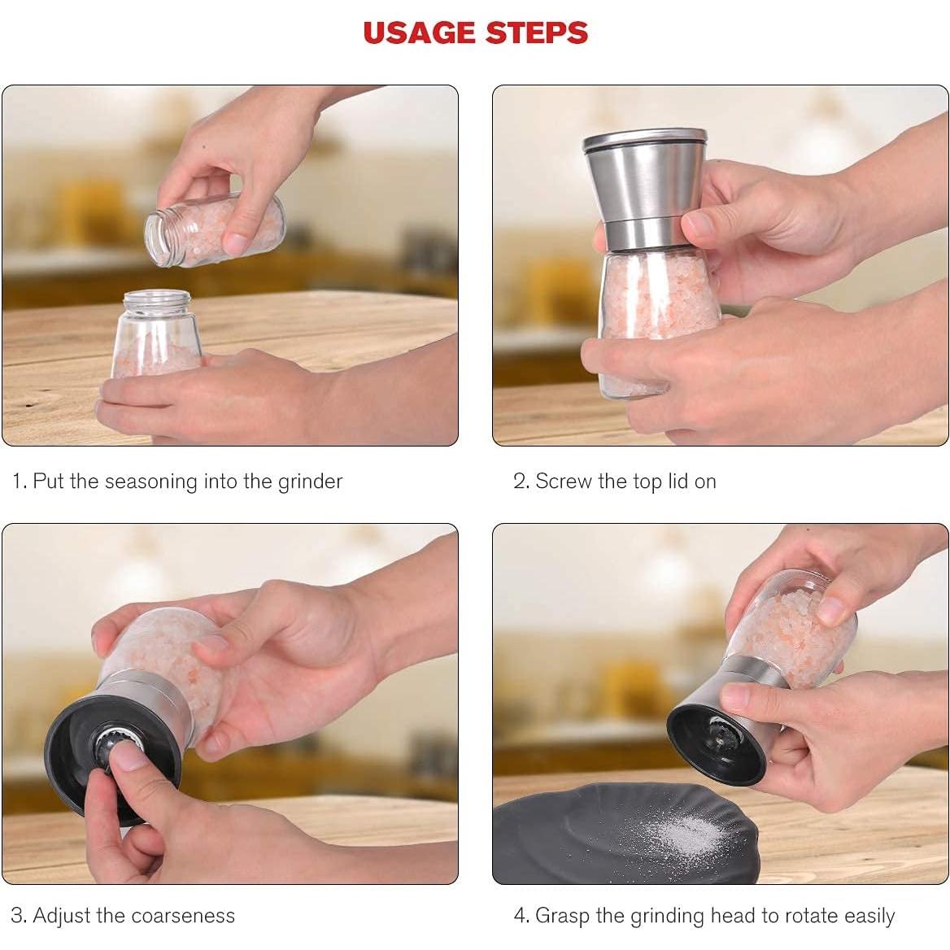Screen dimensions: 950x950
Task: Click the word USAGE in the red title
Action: coord(419,33)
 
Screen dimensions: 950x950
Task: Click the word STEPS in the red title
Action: coord(537,33)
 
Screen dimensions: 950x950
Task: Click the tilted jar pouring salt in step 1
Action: coord(214,230)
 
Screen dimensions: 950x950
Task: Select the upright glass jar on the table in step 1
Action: coord(156,333)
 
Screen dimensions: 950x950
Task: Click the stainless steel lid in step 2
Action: coord(645,188)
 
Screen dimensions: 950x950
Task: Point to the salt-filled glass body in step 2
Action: coord(657,321)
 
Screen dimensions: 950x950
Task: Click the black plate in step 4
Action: coord(624,833)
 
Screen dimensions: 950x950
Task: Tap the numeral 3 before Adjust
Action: coord(18,915)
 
